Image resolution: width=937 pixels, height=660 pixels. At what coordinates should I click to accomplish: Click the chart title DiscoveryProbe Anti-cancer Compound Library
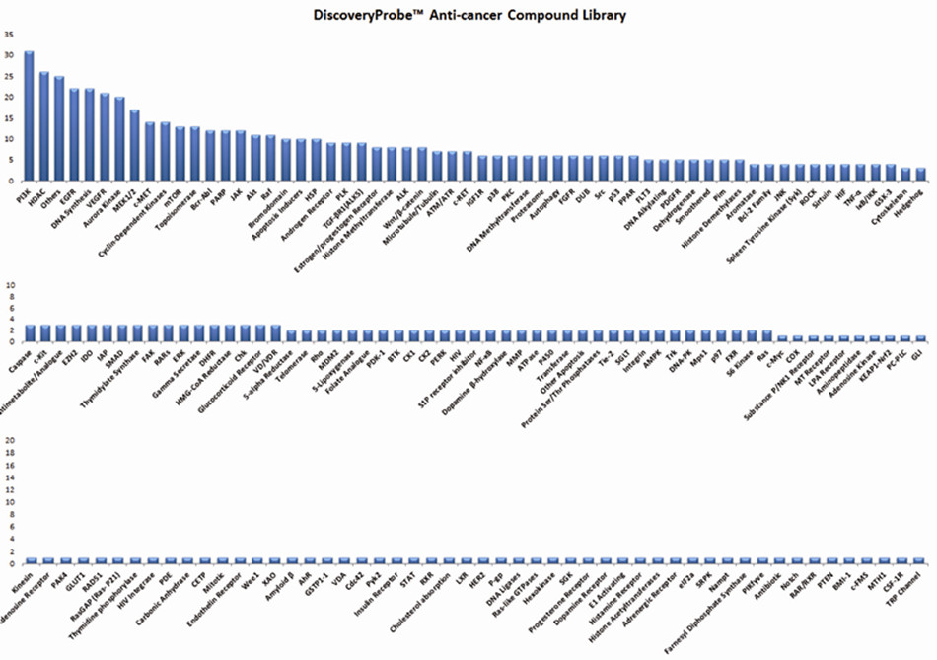468,15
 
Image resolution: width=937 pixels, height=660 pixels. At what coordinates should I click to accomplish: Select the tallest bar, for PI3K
29,116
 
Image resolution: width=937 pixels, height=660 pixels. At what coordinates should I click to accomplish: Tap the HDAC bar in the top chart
43,126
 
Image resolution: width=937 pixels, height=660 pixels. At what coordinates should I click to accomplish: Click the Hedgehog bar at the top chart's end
921,175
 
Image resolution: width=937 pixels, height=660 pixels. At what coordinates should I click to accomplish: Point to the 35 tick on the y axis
9,34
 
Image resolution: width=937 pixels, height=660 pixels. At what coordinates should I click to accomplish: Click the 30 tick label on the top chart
9,55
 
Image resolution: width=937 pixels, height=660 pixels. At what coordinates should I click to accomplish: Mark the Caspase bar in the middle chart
30,333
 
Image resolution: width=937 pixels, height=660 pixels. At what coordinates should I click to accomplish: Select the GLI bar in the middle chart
919,338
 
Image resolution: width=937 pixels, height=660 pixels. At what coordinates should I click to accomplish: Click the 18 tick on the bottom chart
11,453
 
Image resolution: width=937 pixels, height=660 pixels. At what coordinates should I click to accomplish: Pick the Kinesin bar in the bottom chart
30,559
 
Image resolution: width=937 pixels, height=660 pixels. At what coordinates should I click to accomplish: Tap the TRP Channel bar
920,559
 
